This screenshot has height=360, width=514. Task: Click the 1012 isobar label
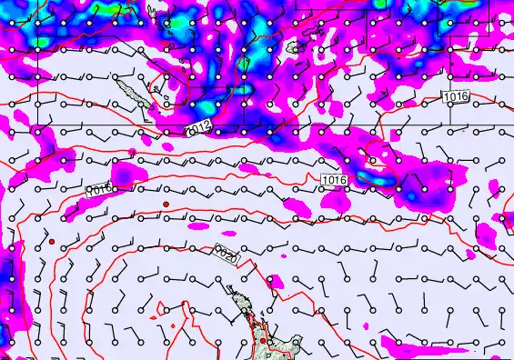198,129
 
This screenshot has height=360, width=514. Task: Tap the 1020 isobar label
227,255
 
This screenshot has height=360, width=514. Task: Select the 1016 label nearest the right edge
456,96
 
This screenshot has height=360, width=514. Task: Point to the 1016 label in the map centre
334,180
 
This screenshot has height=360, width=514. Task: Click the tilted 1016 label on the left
98,190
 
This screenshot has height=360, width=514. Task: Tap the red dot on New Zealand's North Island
262,340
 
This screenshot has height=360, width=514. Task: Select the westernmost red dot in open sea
53,241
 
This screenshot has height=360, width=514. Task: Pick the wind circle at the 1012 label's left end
192,131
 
